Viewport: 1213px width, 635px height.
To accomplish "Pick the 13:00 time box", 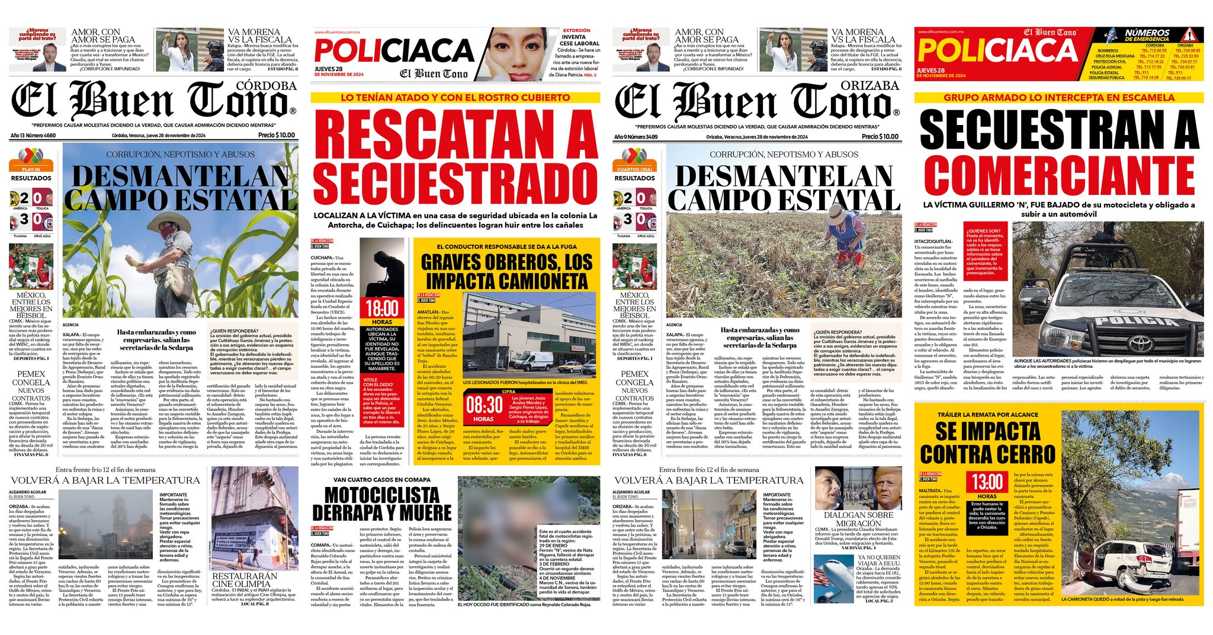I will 987,482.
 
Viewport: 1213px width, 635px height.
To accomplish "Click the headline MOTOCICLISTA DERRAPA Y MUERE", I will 381,503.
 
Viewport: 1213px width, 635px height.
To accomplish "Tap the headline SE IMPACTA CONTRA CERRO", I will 987,443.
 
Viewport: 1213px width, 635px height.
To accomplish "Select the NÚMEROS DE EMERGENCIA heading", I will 1147,35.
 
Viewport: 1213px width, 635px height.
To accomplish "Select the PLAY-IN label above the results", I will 31,169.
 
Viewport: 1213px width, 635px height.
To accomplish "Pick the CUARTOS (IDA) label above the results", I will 634,169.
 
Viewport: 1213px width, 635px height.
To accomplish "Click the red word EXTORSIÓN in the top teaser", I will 576,30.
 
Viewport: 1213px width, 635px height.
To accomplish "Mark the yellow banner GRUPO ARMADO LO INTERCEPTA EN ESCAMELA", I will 1058,98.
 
